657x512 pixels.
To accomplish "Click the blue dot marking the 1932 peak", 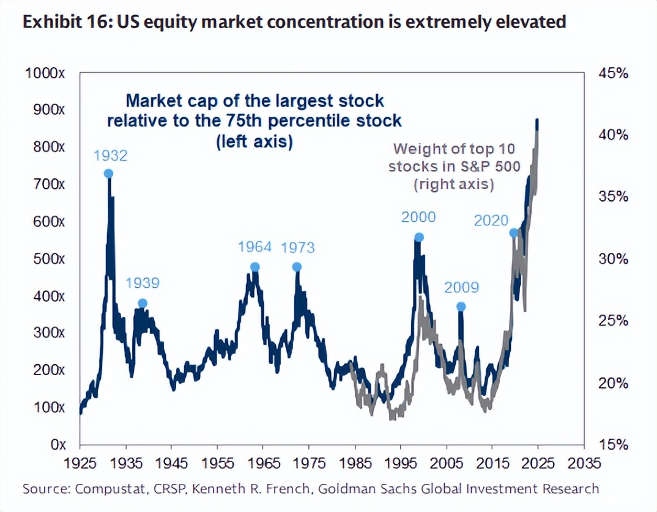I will (108, 174).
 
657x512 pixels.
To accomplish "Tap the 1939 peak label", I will (143, 283).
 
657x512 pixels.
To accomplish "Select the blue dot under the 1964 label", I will (255, 267).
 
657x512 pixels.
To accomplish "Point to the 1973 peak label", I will (297, 247).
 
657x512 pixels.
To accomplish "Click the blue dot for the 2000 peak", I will (419, 237).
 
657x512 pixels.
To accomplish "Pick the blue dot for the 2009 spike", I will (461, 307).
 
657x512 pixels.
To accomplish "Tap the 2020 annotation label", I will (491, 221).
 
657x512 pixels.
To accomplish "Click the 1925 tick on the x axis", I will (80, 462).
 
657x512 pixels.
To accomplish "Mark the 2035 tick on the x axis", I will (584, 462).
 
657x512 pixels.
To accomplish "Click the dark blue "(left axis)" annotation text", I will (254, 141).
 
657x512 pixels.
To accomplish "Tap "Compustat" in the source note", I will (96, 489).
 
